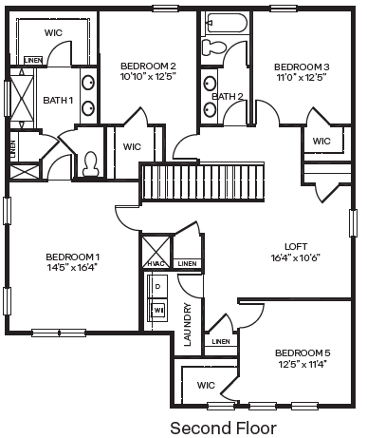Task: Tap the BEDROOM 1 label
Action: (72, 257)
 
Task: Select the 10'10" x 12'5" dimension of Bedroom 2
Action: (148, 77)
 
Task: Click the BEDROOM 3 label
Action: (301, 67)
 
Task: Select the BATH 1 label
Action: (57, 100)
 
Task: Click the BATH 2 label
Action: (228, 96)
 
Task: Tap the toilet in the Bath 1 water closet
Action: (91, 163)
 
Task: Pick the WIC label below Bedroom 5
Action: (206, 385)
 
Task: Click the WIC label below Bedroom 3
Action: (321, 142)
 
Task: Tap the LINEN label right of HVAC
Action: (187, 264)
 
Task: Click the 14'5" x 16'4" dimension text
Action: (72, 268)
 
